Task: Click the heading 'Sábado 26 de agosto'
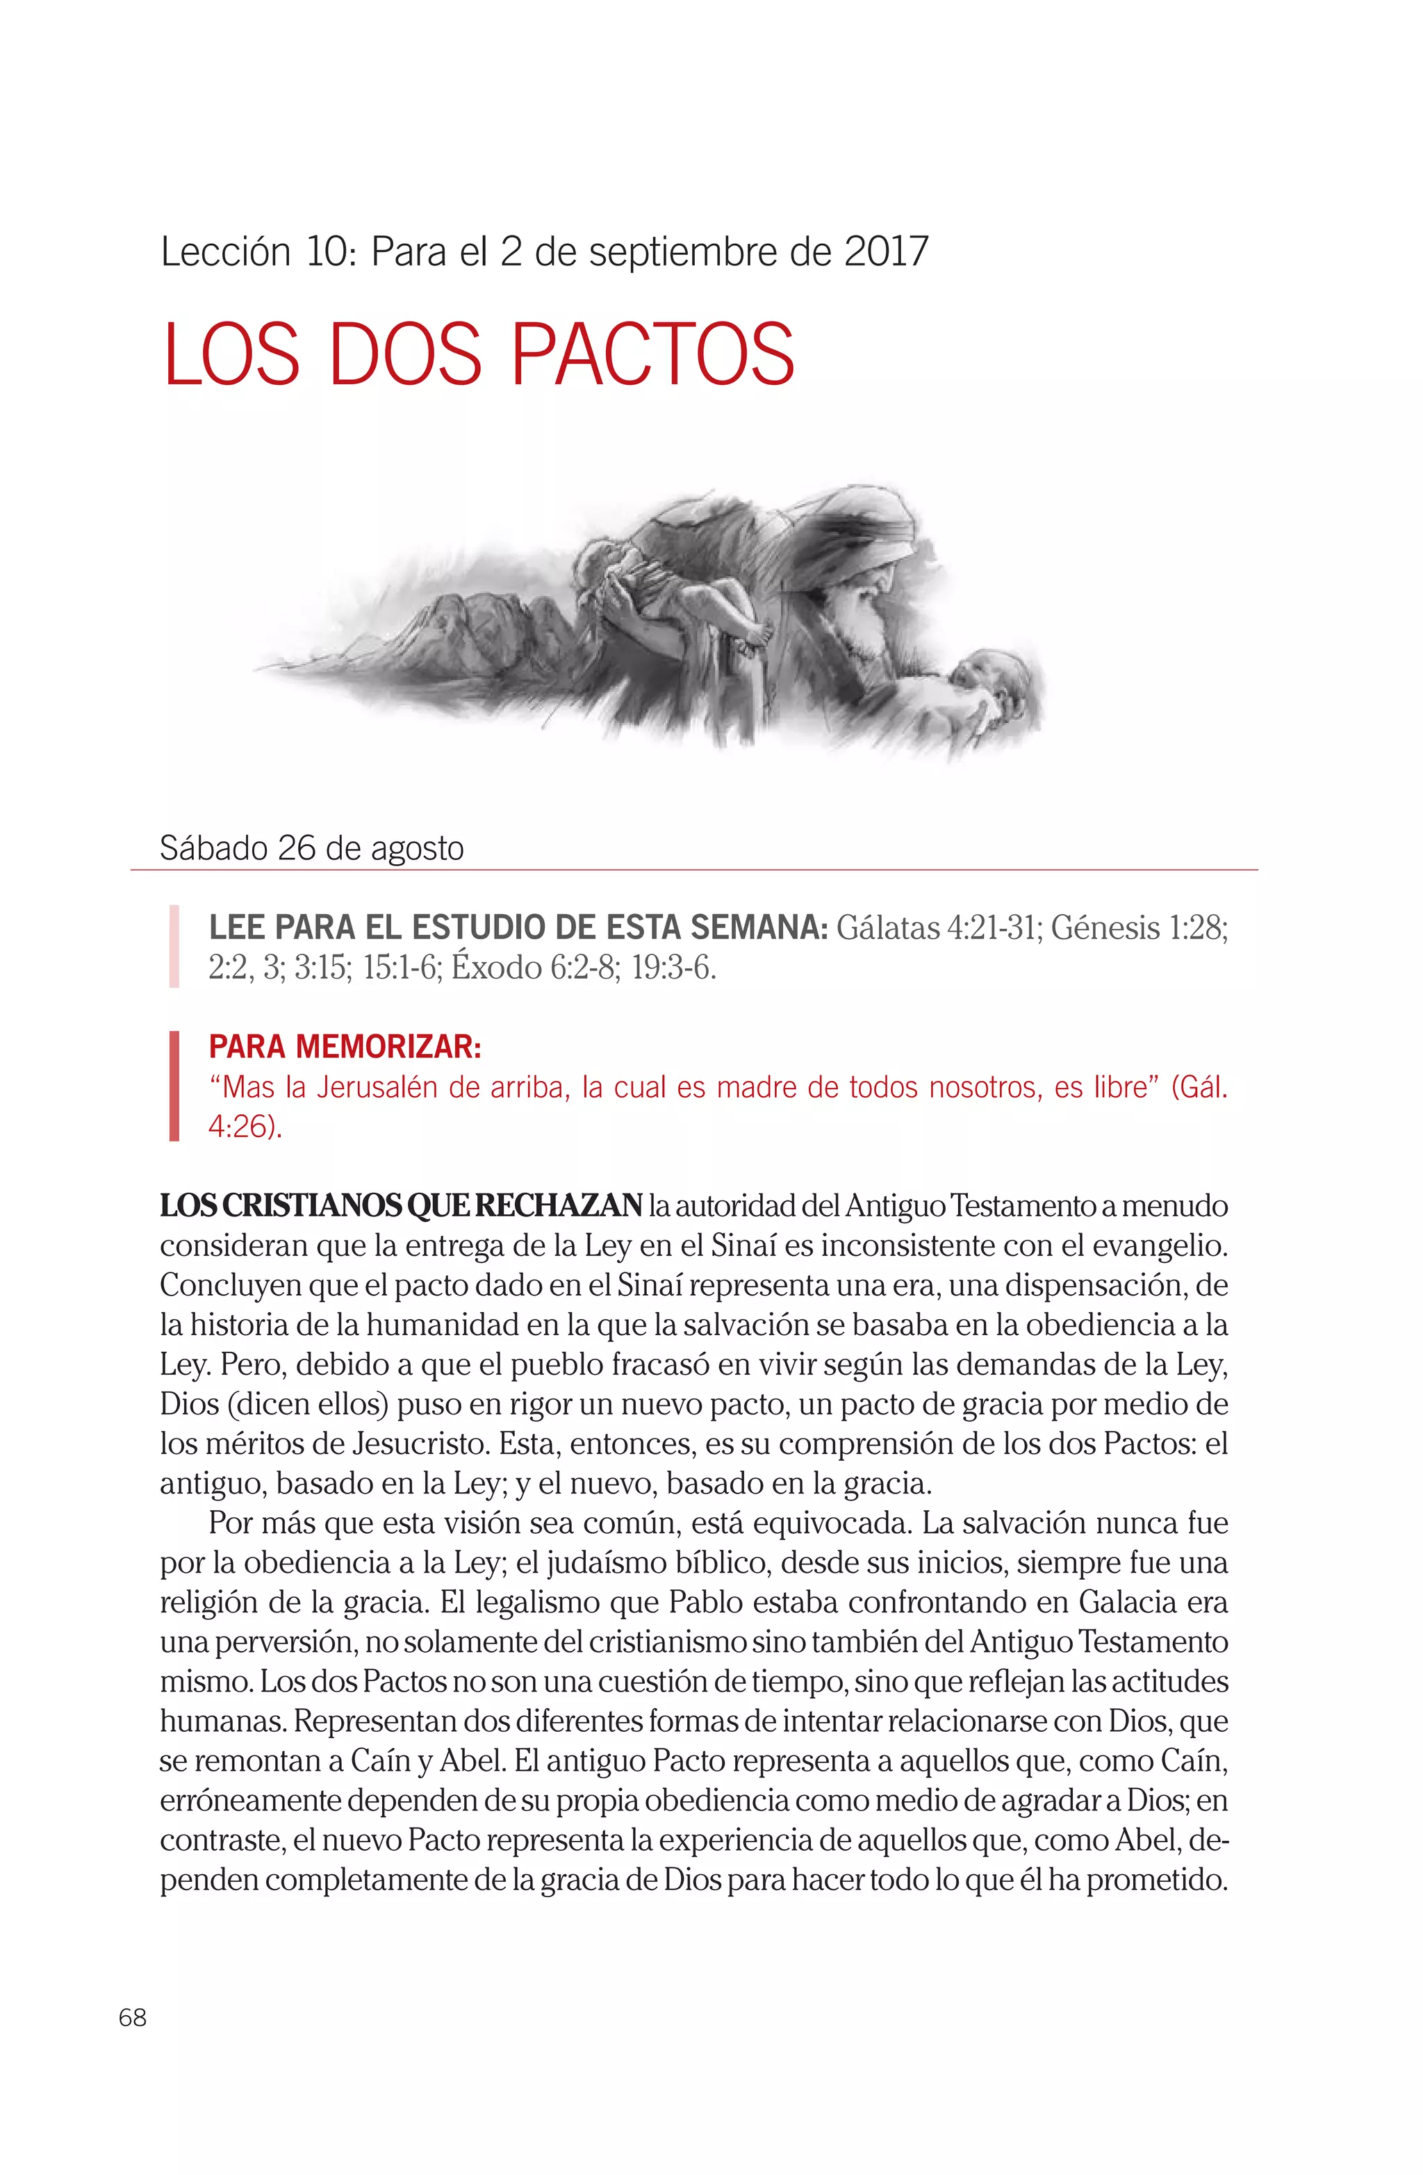[312, 848]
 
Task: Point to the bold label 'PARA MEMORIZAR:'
[345, 1046]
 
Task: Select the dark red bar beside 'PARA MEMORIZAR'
[174, 1086]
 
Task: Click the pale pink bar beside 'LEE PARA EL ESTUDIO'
[174, 947]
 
